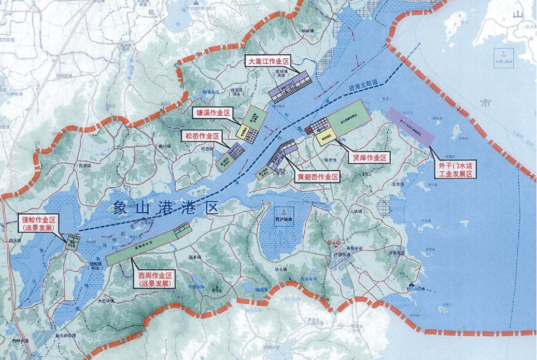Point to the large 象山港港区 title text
pyautogui.click(x=166, y=209)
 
